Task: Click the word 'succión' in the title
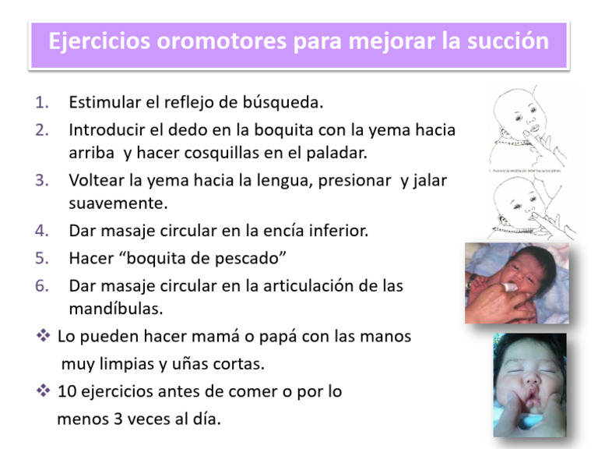click(510, 40)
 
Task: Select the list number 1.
click(42, 102)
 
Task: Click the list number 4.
click(42, 231)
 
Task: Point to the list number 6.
click(42, 285)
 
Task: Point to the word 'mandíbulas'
click(115, 309)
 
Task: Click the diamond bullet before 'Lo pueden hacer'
click(43, 337)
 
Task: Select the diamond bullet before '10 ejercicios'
click(43, 391)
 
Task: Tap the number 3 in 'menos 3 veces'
click(105, 419)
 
